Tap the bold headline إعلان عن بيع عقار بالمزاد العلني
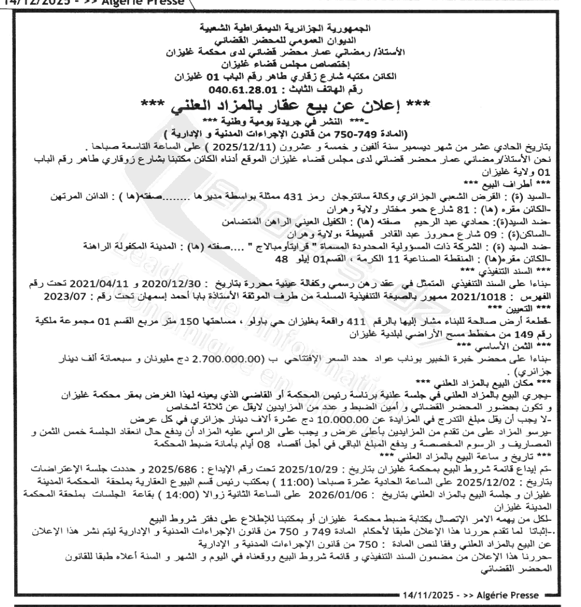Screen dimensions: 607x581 (x=290, y=107)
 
